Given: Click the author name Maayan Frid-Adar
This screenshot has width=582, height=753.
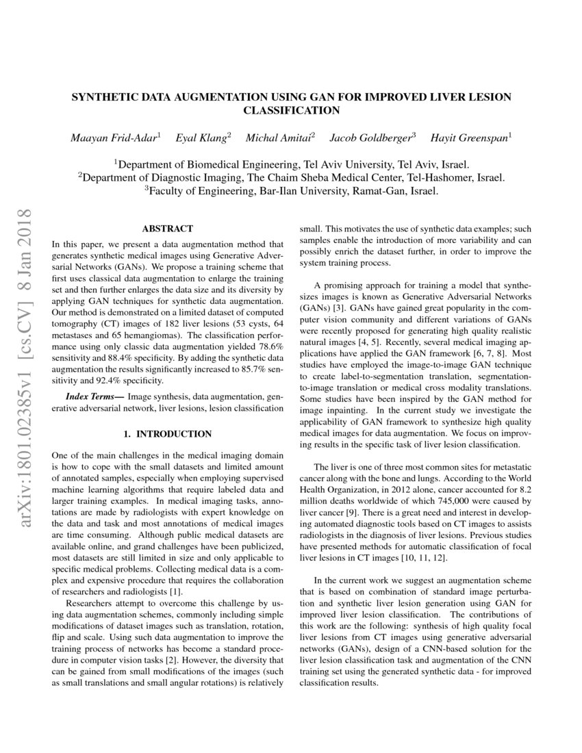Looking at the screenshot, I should [x=114, y=138].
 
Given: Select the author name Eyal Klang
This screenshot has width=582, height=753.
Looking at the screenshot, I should [x=203, y=138].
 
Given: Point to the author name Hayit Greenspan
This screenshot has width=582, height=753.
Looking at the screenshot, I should [x=470, y=138].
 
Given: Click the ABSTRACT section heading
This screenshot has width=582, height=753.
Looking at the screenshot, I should [x=167, y=229].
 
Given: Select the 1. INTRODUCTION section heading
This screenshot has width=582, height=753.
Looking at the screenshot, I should [x=167, y=434].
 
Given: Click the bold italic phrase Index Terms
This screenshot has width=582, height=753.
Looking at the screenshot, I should [x=94, y=397].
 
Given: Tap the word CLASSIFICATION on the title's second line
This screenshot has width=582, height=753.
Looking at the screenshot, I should [x=292, y=110].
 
